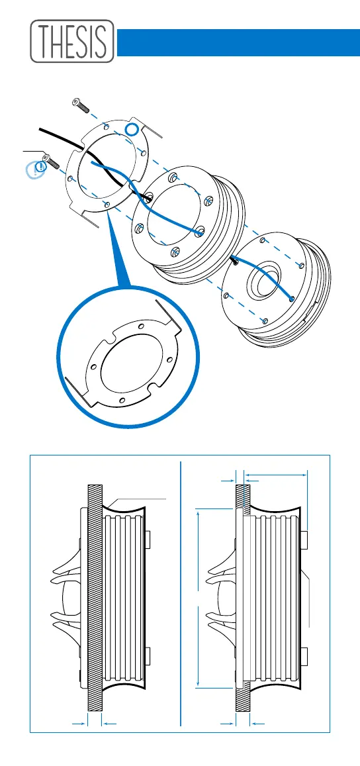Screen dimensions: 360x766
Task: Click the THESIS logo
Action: tap(72, 41)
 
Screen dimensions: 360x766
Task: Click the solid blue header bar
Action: tap(238, 42)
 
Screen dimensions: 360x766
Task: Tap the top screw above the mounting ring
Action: tap(79, 105)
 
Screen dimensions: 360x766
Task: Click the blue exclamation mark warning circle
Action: tap(36, 169)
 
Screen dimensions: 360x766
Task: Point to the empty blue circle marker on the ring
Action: tap(132, 130)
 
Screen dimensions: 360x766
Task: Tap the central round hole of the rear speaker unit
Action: tap(265, 281)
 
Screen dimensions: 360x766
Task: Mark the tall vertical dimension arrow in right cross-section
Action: tap(198, 598)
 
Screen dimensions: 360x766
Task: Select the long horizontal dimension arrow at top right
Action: tap(276, 473)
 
